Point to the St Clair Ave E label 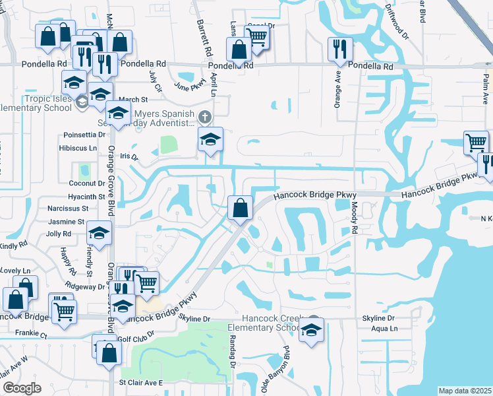[140, 382]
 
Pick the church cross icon [205, 117]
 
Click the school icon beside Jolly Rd [100, 233]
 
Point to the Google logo [22, 388]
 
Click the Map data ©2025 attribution [465, 391]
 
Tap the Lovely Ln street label [16, 271]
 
